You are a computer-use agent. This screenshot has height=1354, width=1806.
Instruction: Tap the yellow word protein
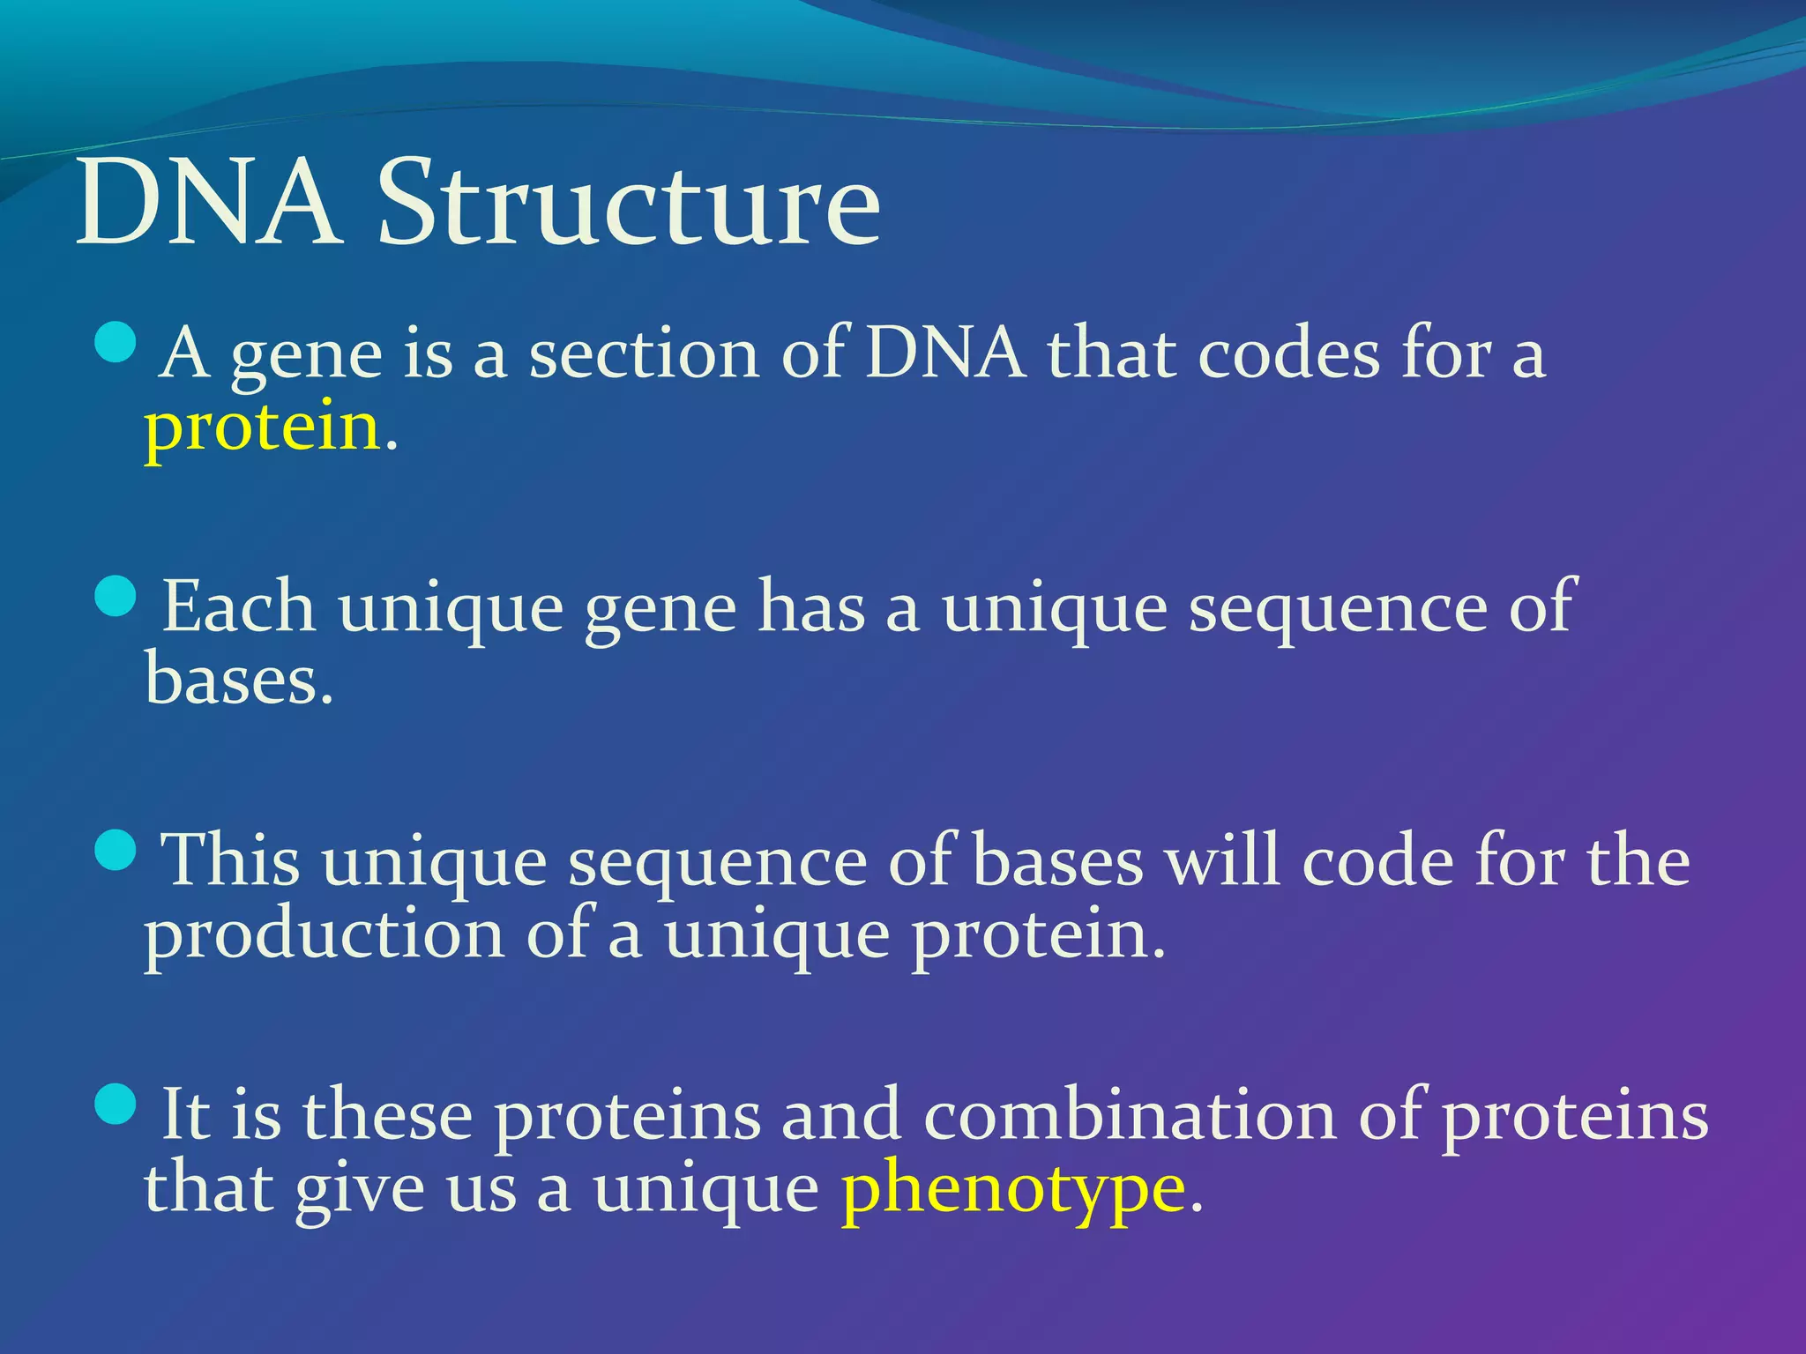coord(262,428)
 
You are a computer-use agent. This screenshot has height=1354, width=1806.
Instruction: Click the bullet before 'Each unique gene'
coord(115,597)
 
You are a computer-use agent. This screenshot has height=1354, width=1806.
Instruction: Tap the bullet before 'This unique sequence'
coord(115,850)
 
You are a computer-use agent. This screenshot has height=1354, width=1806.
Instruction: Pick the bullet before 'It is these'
coord(115,1104)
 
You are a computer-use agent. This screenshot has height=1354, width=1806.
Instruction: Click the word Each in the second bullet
coord(239,608)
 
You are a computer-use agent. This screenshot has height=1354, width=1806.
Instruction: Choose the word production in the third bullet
coord(325,936)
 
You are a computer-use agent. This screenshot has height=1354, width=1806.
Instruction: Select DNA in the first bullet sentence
coord(945,354)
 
